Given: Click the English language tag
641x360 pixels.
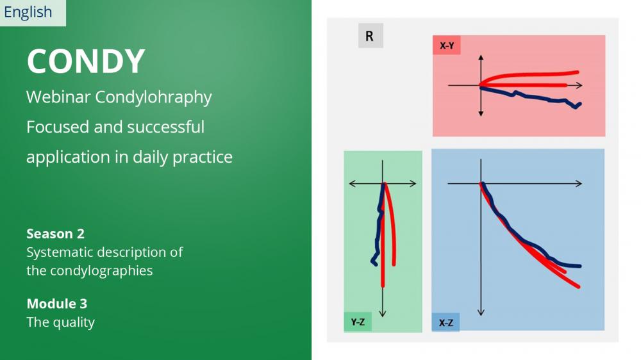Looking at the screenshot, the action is [28, 12].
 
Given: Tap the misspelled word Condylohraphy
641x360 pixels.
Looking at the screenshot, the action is [154, 97].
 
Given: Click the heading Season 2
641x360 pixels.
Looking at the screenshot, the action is [56, 234].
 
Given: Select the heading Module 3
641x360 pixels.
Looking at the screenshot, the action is [57, 304].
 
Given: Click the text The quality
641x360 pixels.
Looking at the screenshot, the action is [60, 322].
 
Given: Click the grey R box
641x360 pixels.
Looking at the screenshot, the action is [370, 35].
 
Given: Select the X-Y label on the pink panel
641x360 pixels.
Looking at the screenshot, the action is [447, 45].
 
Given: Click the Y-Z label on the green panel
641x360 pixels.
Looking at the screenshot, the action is [358, 322].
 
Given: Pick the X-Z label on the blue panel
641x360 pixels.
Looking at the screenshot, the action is [445, 323].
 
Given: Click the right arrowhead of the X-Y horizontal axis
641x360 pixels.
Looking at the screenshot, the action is [579, 85].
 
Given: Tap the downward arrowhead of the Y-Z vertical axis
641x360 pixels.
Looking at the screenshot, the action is [383, 314].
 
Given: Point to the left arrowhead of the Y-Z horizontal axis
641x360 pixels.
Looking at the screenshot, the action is [351, 184].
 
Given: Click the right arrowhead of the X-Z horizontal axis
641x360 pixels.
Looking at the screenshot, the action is [579, 184].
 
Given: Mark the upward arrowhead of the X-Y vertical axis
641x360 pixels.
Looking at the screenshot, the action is [481, 58].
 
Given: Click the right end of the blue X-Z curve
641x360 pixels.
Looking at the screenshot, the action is [579, 266].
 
